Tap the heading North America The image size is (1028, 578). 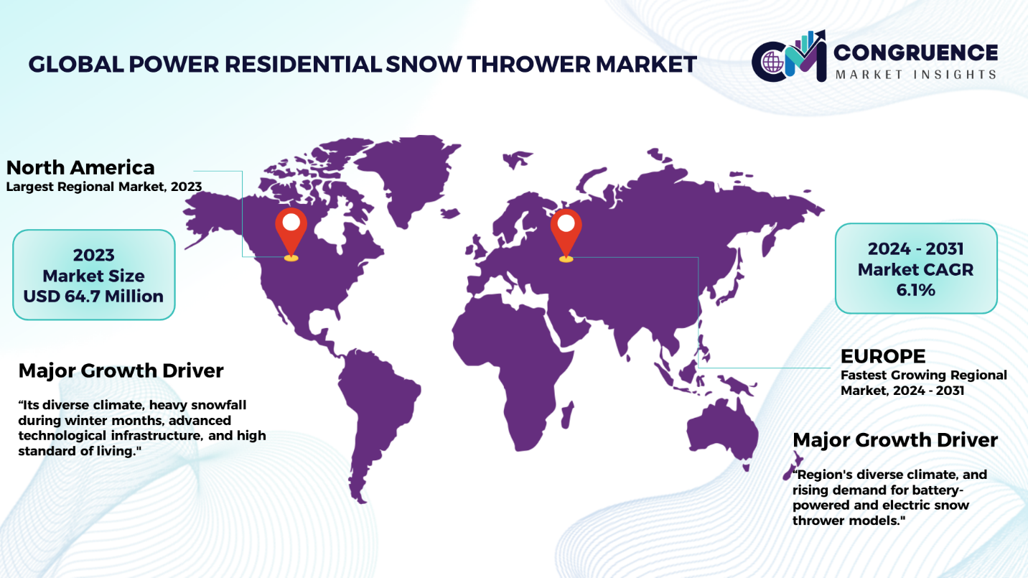tap(80, 167)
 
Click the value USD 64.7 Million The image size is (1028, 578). tap(93, 297)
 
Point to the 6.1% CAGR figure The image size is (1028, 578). tap(915, 290)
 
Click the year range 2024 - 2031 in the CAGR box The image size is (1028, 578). tap(915, 249)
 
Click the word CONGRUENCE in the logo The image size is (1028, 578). tap(915, 52)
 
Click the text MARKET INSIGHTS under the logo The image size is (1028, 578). tap(915, 75)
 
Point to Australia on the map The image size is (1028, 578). tap(721, 432)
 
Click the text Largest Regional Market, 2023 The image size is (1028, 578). tap(103, 187)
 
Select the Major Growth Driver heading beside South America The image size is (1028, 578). tap(121, 371)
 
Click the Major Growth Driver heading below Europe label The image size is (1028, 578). tap(895, 440)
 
